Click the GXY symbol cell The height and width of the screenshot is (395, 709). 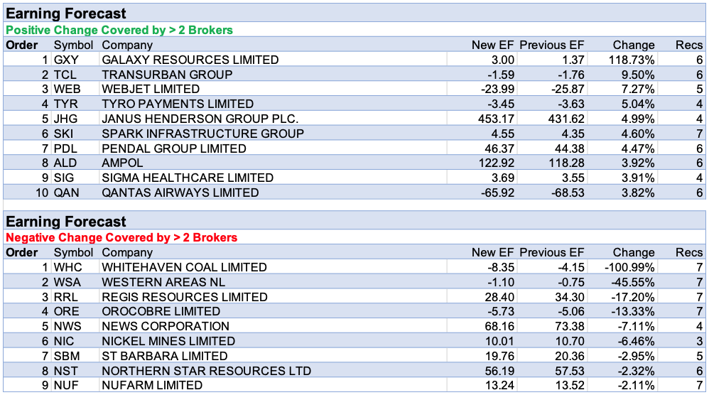click(67, 60)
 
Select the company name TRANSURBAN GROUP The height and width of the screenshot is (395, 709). click(167, 75)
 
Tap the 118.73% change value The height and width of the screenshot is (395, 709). click(629, 60)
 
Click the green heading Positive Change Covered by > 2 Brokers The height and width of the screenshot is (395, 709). click(119, 30)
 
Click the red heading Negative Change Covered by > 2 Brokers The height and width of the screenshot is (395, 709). click(121, 237)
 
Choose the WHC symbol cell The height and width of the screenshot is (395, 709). click(68, 267)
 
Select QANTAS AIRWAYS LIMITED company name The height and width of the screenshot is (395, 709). click(180, 193)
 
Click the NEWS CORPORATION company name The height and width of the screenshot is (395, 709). click(166, 327)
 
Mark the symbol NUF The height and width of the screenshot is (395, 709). click(67, 386)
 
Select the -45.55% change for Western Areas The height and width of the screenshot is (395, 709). click(629, 282)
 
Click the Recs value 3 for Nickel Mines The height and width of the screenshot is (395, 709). click(699, 342)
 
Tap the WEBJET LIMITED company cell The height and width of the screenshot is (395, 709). click(151, 90)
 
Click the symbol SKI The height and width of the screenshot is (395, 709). click(65, 134)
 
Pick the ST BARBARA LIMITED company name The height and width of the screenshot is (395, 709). click(165, 356)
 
